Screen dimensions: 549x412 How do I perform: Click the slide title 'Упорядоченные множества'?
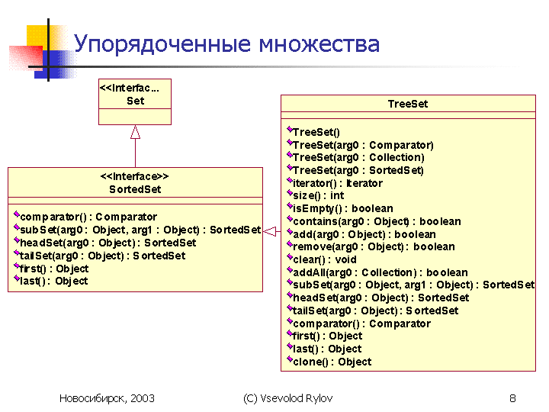click(x=226, y=44)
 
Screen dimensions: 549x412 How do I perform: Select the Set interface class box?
click(x=135, y=101)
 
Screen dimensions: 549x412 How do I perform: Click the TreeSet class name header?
click(x=408, y=104)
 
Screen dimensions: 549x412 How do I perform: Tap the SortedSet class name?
click(x=135, y=189)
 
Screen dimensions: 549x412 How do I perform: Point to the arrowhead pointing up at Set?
click(x=135, y=132)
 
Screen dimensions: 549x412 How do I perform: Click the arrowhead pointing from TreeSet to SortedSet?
click(x=269, y=231)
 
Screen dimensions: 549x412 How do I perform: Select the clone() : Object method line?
click(x=329, y=361)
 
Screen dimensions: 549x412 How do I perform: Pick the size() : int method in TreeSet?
click(x=316, y=195)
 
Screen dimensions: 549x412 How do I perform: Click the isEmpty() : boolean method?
click(x=340, y=208)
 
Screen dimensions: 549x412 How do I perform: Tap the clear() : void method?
click(x=322, y=259)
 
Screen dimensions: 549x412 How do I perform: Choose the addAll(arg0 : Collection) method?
click(x=377, y=272)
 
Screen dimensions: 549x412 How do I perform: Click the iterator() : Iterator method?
click(x=335, y=183)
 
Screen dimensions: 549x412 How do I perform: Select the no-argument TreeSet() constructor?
click(x=313, y=132)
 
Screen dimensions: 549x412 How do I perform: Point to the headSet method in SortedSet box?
click(x=105, y=243)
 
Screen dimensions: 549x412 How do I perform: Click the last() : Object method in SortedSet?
click(x=51, y=281)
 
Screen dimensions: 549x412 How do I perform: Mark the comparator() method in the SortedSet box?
click(x=85, y=217)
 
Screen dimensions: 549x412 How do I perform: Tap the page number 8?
click(x=512, y=398)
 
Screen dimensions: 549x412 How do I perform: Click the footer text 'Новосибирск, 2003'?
click(x=107, y=398)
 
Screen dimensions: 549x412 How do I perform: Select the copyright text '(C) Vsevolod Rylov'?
click(x=287, y=398)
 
